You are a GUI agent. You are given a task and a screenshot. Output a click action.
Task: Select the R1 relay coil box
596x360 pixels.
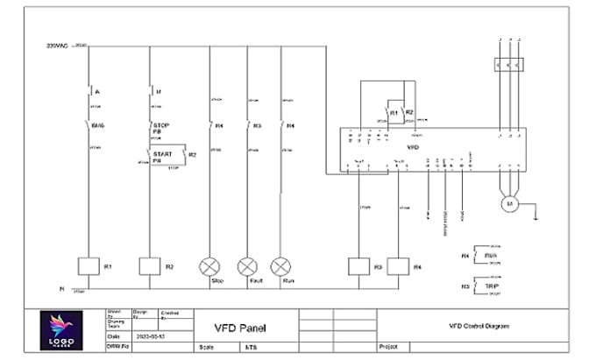point(87,265)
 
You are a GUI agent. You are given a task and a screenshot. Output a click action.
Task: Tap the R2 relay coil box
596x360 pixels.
point(150,265)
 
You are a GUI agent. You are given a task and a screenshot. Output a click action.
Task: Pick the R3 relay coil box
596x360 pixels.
point(358,265)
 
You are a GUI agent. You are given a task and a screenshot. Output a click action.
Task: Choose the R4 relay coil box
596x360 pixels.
point(399,265)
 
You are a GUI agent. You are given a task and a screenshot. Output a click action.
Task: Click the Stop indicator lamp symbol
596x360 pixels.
point(210,265)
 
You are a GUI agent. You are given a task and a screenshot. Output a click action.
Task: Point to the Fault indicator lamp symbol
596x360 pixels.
point(248,265)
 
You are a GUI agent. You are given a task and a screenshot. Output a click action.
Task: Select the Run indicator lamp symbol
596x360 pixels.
point(280,265)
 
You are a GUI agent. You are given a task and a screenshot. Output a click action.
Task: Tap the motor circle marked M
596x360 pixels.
point(507,203)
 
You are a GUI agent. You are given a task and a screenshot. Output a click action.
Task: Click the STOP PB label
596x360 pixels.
point(160,129)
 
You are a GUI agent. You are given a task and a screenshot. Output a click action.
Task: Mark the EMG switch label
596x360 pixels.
point(98,126)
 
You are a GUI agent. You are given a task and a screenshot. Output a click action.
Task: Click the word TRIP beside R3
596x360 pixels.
point(491,286)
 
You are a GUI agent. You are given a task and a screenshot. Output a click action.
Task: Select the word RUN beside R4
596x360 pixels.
point(491,255)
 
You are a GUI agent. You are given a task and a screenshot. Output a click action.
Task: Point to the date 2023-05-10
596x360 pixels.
point(147,335)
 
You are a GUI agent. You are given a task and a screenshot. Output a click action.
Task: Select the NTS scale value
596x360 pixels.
point(251,347)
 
